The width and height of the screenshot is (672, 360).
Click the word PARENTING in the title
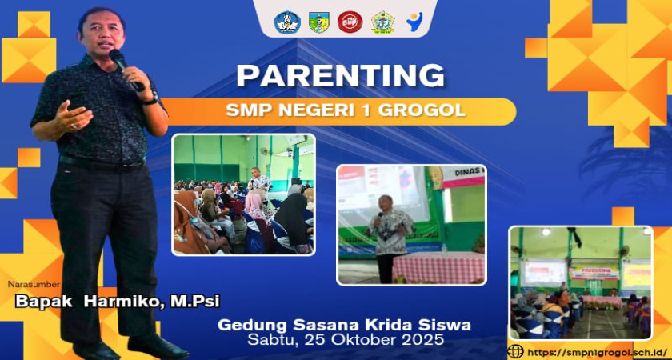point(341,76)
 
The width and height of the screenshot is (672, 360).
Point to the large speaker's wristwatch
point(151,100)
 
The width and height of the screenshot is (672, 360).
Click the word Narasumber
point(34,284)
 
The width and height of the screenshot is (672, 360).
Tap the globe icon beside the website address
point(515,351)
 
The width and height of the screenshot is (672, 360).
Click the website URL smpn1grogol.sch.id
point(597,352)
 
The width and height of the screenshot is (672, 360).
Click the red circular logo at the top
point(350,22)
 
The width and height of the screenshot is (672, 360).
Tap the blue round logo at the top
point(287,22)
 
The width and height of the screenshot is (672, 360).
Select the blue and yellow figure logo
point(414,22)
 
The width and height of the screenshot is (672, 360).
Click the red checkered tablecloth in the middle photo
point(439,267)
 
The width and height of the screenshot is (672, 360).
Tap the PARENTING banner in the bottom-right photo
point(594,273)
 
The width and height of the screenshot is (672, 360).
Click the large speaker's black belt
point(102,162)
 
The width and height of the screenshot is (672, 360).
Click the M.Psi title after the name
point(195,302)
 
